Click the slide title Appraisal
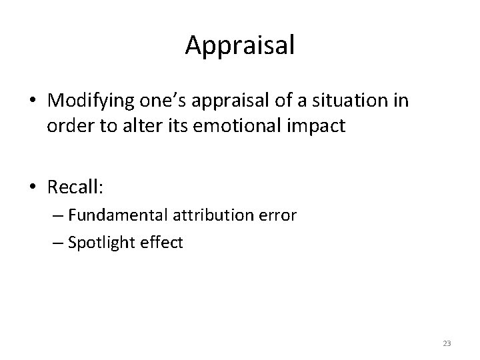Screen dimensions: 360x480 240,45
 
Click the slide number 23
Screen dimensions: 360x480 447,343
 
